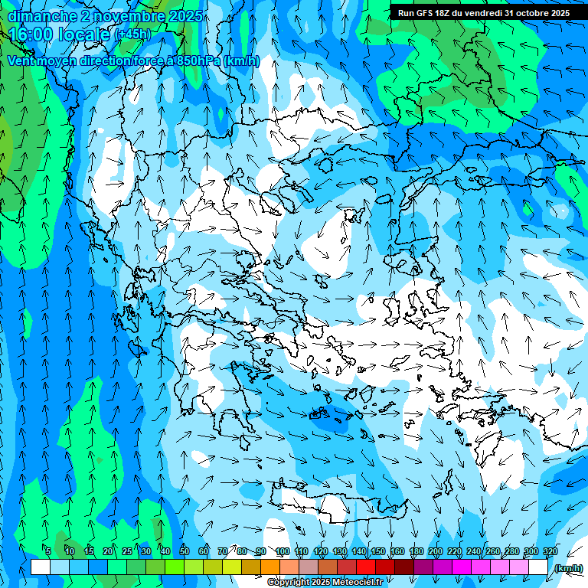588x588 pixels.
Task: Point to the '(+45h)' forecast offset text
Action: [x=133, y=34]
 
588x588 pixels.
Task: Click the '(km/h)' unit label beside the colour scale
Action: [x=568, y=568]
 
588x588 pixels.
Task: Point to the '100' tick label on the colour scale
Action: [x=282, y=552]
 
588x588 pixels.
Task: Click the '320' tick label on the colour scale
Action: [x=548, y=552]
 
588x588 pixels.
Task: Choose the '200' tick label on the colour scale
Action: [x=435, y=552]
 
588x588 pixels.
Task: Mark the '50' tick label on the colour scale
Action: [x=185, y=552]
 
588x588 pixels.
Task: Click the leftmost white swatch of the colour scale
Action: [x=41, y=567]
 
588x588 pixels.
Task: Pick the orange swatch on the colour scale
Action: [x=270, y=567]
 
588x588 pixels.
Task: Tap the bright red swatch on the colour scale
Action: [x=366, y=567]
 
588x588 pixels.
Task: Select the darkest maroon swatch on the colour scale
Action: [x=404, y=567]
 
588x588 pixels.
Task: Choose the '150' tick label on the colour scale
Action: [x=377, y=552]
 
